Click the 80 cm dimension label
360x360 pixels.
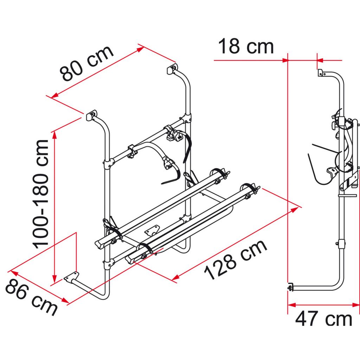87,63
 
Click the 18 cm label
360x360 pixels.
246,47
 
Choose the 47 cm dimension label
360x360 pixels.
323,319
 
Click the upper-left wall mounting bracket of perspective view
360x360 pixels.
91,115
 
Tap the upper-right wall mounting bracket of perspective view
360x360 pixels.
172,69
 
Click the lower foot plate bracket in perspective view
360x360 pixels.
72,277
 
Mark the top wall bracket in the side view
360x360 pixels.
321,73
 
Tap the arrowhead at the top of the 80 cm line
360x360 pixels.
141,49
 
